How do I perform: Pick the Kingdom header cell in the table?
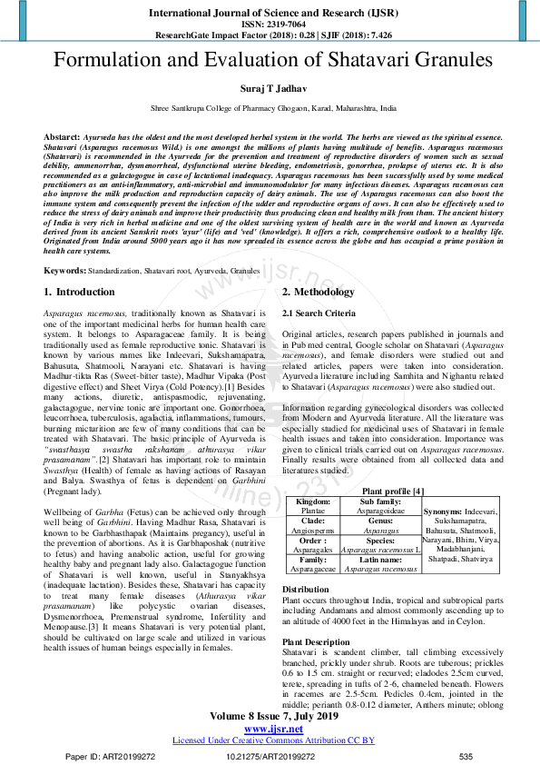pyautogui.click(x=314, y=502)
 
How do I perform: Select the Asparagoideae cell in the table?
pyautogui.click(x=375, y=512)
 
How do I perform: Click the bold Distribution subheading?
pyautogui.click(x=306, y=590)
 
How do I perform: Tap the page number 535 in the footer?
pyautogui.click(x=466, y=757)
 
